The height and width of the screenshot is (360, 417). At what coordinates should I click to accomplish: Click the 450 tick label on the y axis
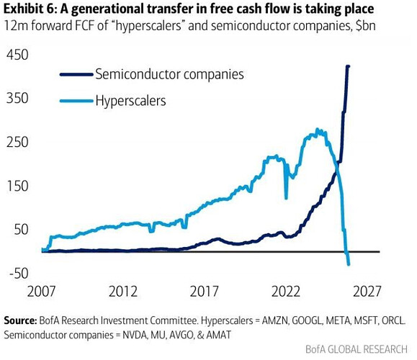17,55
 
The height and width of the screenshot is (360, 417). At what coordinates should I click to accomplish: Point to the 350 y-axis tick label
17,98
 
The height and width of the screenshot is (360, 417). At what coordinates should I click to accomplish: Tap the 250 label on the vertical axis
17,142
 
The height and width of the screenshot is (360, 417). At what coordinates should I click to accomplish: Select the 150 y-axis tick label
17,186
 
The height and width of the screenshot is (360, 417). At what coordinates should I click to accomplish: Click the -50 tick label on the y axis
19,273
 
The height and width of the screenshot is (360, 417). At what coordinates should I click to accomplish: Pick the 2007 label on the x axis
41,291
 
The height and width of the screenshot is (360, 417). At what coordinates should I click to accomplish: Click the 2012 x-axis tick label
123,291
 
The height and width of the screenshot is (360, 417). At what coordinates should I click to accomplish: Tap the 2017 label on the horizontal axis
205,291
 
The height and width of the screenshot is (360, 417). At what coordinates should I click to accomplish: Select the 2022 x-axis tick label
286,291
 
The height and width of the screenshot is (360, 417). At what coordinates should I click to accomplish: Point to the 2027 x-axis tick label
367,291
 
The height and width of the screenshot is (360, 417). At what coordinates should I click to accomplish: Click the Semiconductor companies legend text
169,74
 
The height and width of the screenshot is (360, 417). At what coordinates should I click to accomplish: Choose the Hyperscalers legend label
130,101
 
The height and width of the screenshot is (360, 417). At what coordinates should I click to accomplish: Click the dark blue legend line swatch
76,74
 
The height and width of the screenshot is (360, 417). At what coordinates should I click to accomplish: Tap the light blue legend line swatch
76,101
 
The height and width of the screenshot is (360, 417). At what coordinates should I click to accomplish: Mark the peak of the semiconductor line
348,66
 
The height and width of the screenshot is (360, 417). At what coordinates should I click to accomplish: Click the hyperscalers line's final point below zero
349,264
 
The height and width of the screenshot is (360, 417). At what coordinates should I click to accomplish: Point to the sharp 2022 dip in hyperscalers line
286,198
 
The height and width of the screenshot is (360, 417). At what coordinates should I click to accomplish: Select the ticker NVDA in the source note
135,335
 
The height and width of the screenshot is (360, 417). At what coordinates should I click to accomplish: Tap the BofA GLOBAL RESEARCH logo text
357,349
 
